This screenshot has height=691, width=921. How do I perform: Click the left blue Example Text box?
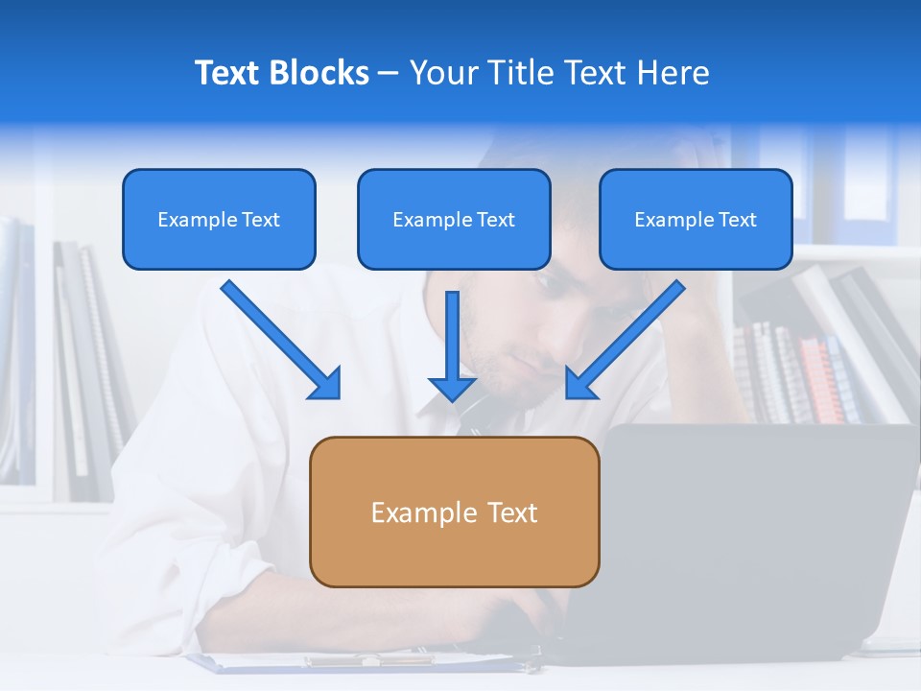pyautogui.click(x=219, y=219)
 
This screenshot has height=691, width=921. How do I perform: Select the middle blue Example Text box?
pyautogui.click(x=454, y=219)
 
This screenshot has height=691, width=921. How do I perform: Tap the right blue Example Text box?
pyautogui.click(x=696, y=219)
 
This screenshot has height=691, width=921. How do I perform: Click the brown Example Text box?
pyautogui.click(x=454, y=512)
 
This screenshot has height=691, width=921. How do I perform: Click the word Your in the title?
pyautogui.click(x=439, y=73)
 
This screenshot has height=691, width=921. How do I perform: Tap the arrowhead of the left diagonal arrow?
pyautogui.click(x=326, y=384)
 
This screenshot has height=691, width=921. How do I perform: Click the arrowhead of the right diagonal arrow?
pyautogui.click(x=580, y=384)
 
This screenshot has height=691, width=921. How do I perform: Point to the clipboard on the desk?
pyautogui.click(x=365, y=662)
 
